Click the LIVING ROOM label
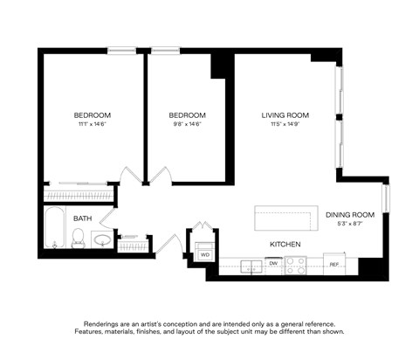coord(285,115)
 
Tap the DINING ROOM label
coord(350,215)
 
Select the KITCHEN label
coord(285,244)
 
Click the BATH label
coord(82,218)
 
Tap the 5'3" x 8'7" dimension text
coord(350,225)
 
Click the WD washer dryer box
coord(205,254)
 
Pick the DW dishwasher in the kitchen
coord(273,262)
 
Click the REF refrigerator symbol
coord(333,262)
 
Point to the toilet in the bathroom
coord(77,238)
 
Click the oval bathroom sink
coord(102,239)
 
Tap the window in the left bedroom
coord(120,50)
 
